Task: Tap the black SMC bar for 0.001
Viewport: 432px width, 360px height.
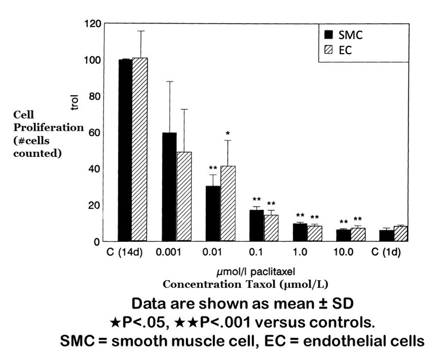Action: click(x=169, y=186)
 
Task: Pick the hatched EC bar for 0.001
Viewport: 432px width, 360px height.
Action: click(x=184, y=196)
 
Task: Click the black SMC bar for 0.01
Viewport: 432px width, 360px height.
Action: click(x=213, y=213)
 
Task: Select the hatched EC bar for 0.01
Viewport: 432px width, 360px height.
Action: click(x=228, y=203)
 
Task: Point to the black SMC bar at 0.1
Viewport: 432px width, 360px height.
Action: click(x=257, y=225)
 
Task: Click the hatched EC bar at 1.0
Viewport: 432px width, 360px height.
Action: click(x=315, y=233)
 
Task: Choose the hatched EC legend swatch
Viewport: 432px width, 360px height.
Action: click(x=329, y=50)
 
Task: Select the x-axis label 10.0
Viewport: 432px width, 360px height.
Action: click(x=344, y=253)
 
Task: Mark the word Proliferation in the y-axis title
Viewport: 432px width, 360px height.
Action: click(x=48, y=127)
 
